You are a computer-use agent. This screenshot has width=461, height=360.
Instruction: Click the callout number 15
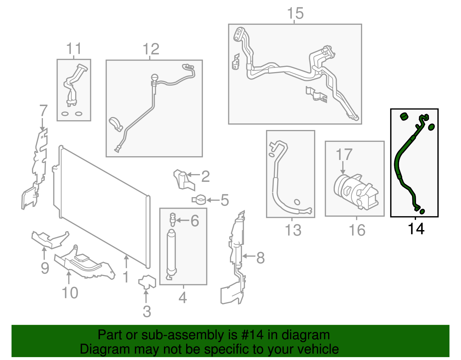pos(295,14)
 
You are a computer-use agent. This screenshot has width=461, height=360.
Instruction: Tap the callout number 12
pos(151,49)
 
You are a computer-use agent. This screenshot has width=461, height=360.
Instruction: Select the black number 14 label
pos(416,229)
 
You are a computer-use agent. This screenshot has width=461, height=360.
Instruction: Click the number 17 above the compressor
pos(344,155)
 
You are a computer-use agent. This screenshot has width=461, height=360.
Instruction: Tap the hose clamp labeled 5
pos(199,199)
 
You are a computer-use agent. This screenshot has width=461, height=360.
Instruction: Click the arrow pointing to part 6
pos(182,220)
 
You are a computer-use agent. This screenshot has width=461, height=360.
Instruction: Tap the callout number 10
pos(70,293)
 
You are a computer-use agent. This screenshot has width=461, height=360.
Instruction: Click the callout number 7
pos(43,111)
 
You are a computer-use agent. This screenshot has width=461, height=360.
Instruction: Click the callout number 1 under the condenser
pos(126,277)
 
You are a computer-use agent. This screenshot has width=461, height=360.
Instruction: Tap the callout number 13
pos(293,230)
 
